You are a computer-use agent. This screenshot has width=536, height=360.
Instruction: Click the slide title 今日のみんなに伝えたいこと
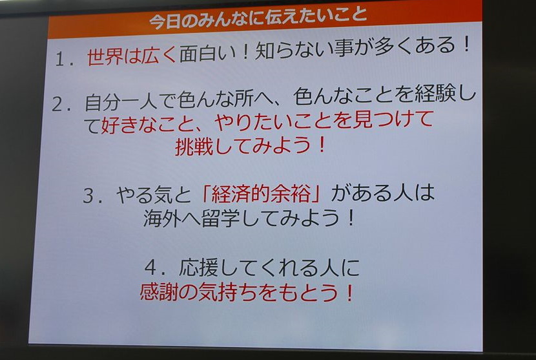[258, 19]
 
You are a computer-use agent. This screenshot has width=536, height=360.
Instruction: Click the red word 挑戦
[194, 147]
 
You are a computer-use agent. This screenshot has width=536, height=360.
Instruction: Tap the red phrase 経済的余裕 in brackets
[261, 195]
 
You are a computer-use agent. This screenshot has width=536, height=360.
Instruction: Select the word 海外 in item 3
[161, 218]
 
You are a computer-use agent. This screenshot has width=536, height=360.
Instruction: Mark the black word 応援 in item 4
[198, 268]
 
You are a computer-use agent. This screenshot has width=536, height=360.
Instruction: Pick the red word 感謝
[159, 292]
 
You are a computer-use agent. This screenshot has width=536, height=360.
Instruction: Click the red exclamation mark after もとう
[349, 293]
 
